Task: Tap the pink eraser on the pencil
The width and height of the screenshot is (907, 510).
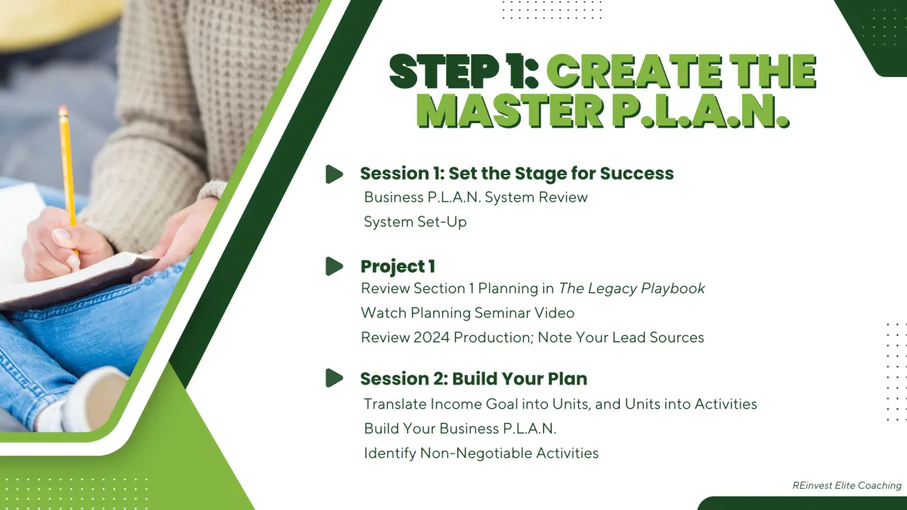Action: pyautogui.click(x=63, y=110)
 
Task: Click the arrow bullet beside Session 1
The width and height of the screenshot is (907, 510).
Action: pyautogui.click(x=334, y=174)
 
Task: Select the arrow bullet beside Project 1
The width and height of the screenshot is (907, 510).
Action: pyautogui.click(x=334, y=266)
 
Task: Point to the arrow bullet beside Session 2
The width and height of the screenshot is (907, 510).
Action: pyautogui.click(x=334, y=378)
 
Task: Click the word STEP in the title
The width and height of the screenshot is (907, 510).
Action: pyautogui.click(x=444, y=72)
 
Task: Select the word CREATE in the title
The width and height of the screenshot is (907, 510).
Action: pyautogui.click(x=633, y=72)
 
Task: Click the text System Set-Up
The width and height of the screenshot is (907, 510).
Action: pyautogui.click(x=415, y=222)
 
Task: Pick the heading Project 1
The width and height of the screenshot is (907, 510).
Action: pyautogui.click(x=398, y=266)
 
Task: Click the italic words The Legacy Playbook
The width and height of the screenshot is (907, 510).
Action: pyautogui.click(x=632, y=289)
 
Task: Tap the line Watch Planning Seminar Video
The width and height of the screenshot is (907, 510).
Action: pyautogui.click(x=467, y=313)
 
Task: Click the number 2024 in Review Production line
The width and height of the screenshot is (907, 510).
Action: pyautogui.click(x=432, y=338)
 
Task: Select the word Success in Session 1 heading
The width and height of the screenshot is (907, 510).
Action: pyautogui.click(x=636, y=173)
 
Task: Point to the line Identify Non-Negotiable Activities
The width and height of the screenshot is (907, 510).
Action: pyautogui.click(x=481, y=453)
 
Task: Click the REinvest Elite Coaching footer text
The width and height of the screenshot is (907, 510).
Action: pyautogui.click(x=847, y=485)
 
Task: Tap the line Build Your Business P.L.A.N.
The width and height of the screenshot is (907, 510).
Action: pyautogui.click(x=460, y=428)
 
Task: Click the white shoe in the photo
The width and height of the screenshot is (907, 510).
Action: pyautogui.click(x=95, y=399)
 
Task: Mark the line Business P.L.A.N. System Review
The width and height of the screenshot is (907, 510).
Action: pyautogui.click(x=475, y=197)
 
